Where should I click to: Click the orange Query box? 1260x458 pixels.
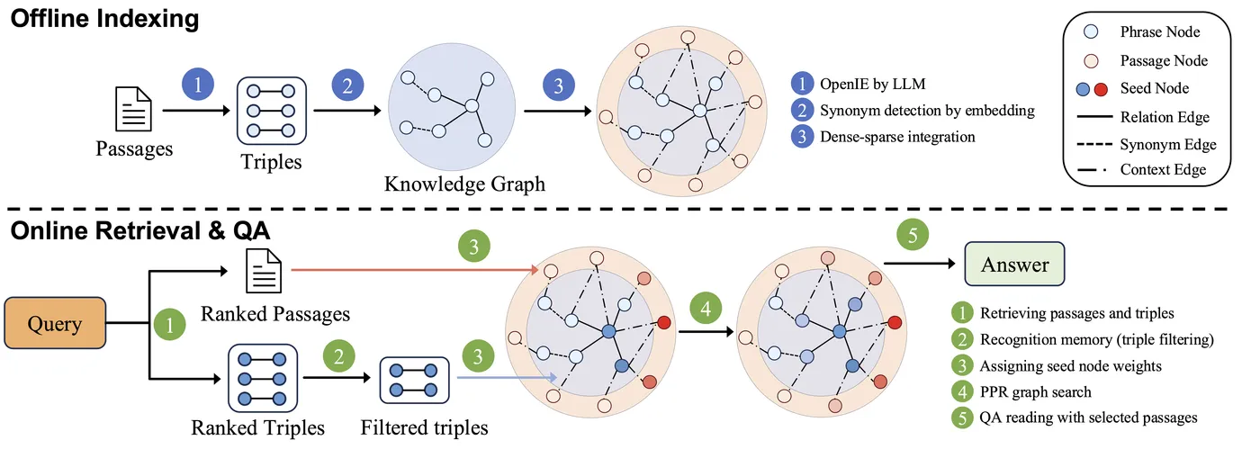(55, 323)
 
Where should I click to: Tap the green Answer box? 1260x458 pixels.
(1014, 264)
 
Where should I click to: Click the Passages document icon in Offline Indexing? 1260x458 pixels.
(133, 109)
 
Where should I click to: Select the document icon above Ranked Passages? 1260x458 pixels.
(264, 271)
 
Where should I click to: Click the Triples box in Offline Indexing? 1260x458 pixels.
(271, 111)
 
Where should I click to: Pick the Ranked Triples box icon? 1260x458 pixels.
(263, 378)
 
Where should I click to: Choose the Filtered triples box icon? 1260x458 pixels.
(415, 381)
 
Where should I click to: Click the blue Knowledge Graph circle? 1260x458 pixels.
(452, 107)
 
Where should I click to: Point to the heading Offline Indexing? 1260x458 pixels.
(104, 19)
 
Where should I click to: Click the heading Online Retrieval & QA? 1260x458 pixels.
(140, 230)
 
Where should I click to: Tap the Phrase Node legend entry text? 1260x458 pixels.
(1160, 32)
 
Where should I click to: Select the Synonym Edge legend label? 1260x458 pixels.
(1168, 145)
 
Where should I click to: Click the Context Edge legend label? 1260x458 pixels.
(1163, 169)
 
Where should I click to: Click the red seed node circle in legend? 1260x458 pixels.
(1101, 89)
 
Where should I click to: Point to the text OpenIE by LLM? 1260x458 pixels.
(872, 84)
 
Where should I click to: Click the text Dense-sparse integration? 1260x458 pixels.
(897, 137)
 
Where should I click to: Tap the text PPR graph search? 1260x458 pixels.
(1035, 391)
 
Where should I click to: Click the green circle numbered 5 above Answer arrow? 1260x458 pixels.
(913, 235)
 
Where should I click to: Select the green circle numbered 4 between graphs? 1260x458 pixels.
(706, 308)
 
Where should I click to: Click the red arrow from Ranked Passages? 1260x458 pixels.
(415, 270)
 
